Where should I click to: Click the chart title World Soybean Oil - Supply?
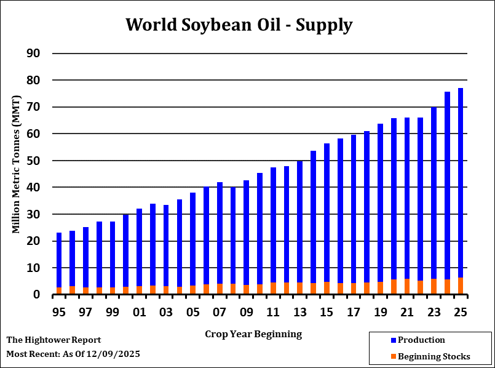click(239, 25)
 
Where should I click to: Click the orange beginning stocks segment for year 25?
click(461, 286)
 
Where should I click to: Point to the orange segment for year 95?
click(59, 291)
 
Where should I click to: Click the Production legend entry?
click(421, 340)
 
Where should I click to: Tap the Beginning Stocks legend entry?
click(434, 356)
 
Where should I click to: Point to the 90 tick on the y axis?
click(33, 54)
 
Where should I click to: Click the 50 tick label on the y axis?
click(33, 161)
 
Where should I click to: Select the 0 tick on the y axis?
click(37, 295)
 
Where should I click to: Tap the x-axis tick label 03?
click(166, 312)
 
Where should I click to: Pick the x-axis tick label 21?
click(406, 312)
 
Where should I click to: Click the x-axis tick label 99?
click(113, 312)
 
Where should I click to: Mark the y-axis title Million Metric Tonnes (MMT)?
click(17, 164)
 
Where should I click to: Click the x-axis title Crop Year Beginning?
click(253, 334)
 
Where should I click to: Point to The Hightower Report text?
click(53, 340)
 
